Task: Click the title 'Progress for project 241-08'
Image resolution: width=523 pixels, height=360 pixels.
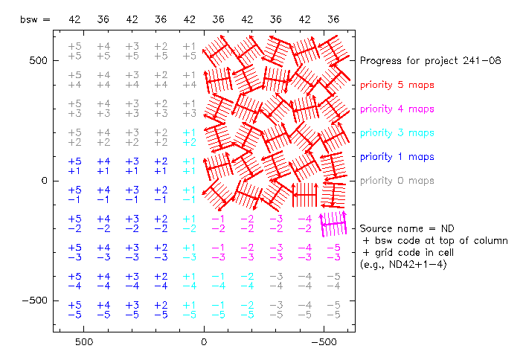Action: tap(423, 60)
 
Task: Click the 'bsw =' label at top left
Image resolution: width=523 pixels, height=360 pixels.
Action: tap(35, 19)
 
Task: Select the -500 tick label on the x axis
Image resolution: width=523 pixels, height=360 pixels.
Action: tap(323, 345)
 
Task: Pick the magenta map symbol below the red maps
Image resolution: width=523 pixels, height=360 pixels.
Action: tap(333, 222)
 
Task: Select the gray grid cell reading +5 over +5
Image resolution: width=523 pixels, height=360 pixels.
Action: tap(74, 51)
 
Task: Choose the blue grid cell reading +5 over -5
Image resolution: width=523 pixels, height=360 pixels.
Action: tap(74, 309)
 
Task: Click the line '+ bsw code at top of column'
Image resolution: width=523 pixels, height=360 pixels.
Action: tap(435, 240)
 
